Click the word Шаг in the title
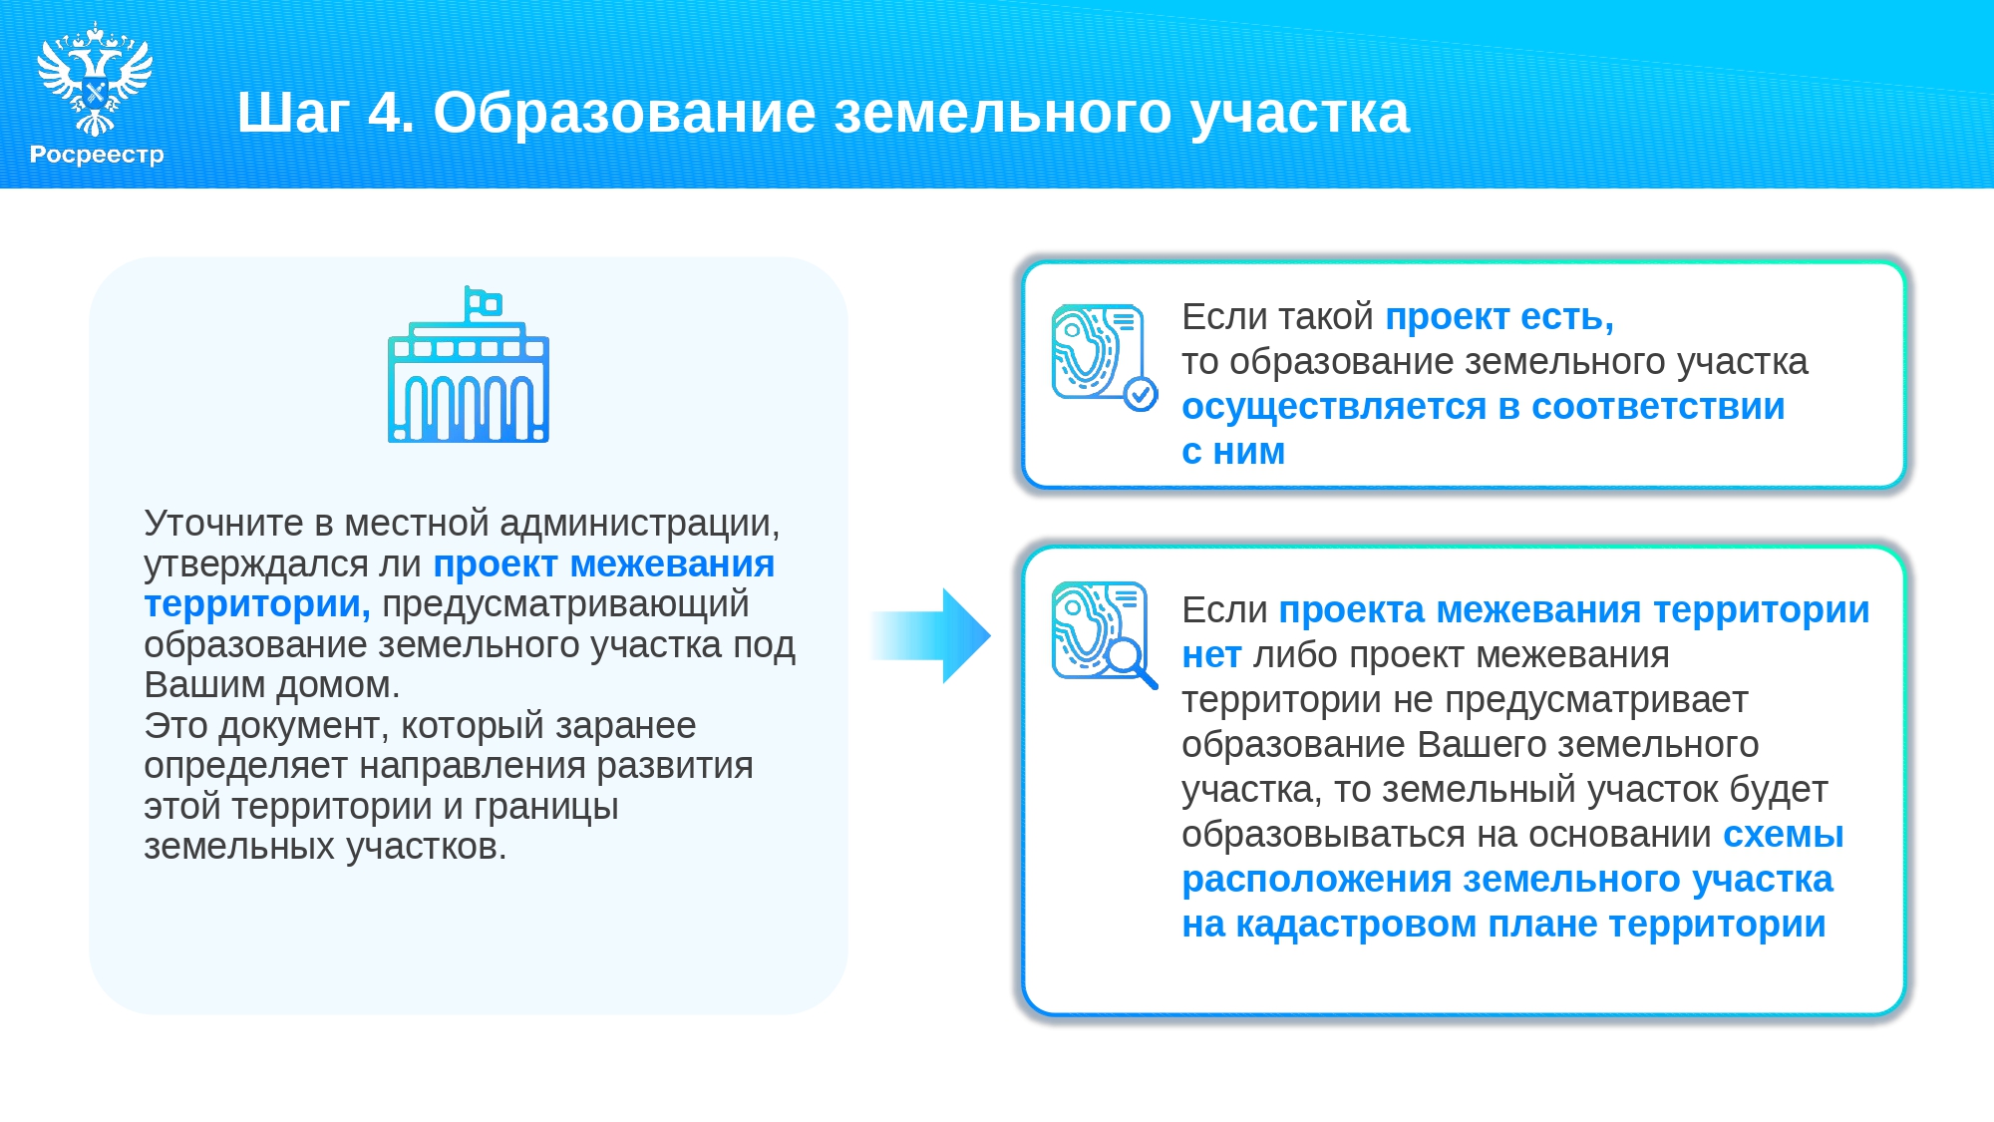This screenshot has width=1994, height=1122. (292, 113)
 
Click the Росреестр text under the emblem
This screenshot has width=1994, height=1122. (97, 155)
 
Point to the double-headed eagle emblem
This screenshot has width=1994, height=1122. (95, 79)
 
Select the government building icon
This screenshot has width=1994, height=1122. (469, 365)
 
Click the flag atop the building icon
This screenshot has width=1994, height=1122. (484, 302)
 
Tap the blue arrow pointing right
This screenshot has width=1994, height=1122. (931, 635)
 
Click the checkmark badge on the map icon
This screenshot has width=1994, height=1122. (1141, 395)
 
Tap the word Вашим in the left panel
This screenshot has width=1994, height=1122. (204, 685)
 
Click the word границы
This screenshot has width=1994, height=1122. (546, 807)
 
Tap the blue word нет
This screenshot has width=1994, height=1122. (1211, 655)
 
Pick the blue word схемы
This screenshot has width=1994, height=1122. (1784, 835)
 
